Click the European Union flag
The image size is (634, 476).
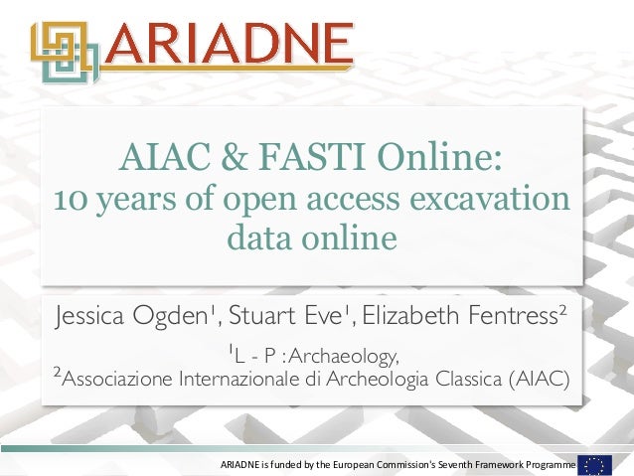coord(595,464)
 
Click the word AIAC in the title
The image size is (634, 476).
coord(158,157)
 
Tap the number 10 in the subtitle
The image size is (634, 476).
coord(70,199)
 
